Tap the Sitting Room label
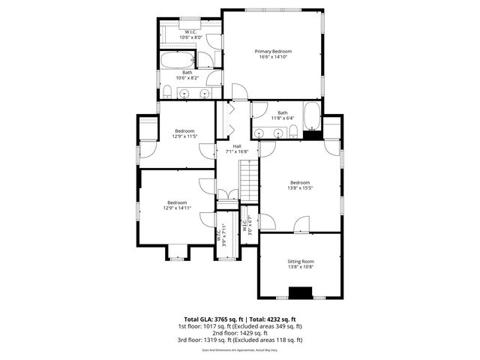(x=300, y=261)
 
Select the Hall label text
(x=237, y=145)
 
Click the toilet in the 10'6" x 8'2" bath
(x=169, y=92)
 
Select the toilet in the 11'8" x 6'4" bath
(x=295, y=133)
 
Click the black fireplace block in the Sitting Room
(x=300, y=292)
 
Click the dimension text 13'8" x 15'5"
(x=300, y=187)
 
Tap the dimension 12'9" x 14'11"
(x=177, y=208)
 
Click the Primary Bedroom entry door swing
(x=239, y=92)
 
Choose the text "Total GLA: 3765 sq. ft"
(x=213, y=319)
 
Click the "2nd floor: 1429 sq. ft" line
(x=240, y=333)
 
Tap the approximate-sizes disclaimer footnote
(x=240, y=349)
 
